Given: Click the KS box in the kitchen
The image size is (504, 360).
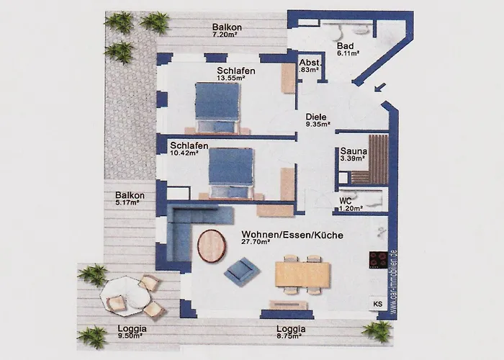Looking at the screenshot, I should [378, 304].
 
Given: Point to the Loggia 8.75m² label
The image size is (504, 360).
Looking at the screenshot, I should [291, 331].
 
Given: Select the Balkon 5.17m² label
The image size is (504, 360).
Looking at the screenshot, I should [130, 199].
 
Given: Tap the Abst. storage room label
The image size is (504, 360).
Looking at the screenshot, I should [309, 66].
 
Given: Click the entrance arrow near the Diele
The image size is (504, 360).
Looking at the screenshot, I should [379, 89].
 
